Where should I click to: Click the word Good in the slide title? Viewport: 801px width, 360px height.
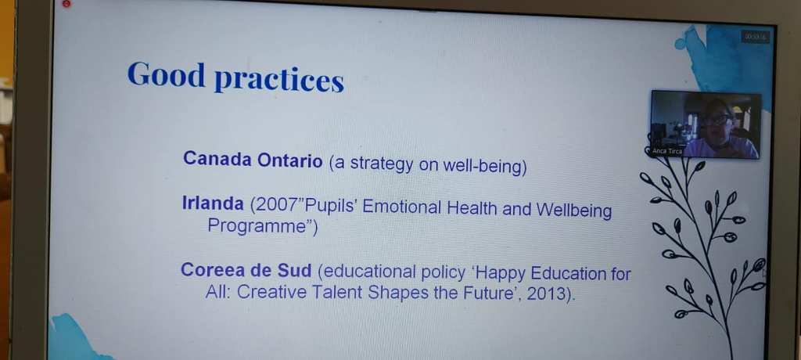[x=166, y=74]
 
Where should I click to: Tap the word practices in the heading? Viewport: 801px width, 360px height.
[x=279, y=81]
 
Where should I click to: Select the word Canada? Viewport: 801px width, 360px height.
[x=217, y=159]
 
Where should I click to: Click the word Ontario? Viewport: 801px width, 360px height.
[x=290, y=160]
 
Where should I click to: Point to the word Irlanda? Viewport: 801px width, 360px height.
[x=213, y=203]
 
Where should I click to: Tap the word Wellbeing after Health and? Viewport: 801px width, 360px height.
[x=573, y=211]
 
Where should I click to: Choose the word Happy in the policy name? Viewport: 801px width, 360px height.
[x=501, y=273]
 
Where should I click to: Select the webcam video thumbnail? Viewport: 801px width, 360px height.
[x=706, y=124]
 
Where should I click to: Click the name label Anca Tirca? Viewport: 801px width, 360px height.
[x=667, y=151]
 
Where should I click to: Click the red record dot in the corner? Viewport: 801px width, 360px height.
[x=67, y=4]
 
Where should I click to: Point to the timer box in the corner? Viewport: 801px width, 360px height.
[x=756, y=37]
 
